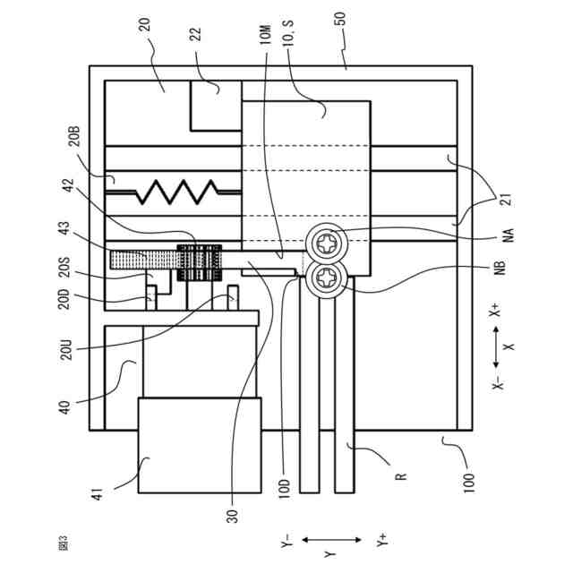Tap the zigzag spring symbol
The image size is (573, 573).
click(x=175, y=190)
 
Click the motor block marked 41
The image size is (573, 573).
click(x=199, y=444)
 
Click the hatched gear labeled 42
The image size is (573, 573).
click(x=198, y=261)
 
